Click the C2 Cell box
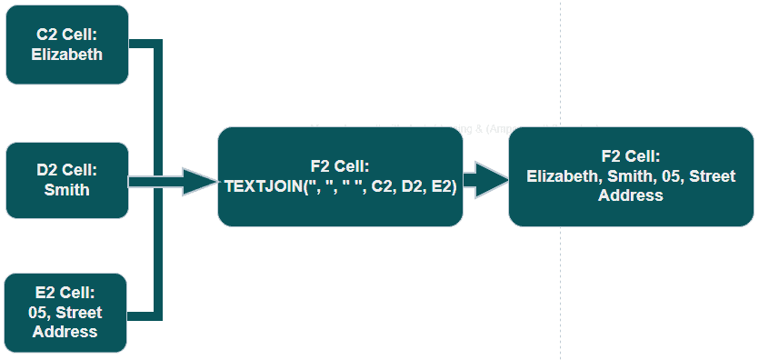coord(67,45)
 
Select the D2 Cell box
coord(67,180)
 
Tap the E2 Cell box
coord(67,312)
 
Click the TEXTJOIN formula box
coord(340,176)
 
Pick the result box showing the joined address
coord(631,176)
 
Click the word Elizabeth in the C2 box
coord(68,54)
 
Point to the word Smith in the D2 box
coord(67,190)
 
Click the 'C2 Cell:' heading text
coord(68,35)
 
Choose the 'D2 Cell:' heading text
coord(67,170)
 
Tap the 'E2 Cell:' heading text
coord(66,293)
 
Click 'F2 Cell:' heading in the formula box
coord(340,166)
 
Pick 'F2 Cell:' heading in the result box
coord(631,156)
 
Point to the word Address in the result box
coord(631,195)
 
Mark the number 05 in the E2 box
coord(40,313)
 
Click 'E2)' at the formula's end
coord(443,185)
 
